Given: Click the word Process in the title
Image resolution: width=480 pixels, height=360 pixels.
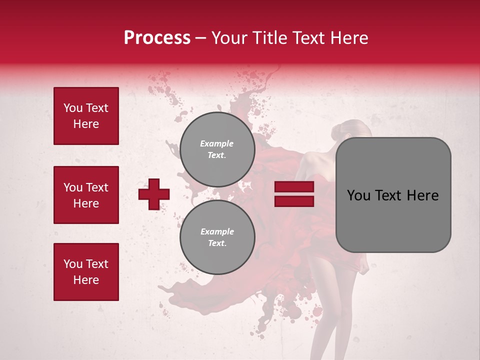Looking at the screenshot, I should pos(157,38).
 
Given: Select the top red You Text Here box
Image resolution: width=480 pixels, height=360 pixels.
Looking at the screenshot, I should pos(86,116).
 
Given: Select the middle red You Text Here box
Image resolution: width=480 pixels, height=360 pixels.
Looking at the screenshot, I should pos(86,195).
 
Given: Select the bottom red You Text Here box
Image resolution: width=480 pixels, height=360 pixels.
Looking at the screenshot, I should pos(86,272).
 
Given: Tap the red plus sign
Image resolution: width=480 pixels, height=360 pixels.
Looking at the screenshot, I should pos(154,194).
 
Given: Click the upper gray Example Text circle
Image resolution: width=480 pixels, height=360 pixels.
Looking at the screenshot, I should pos(217,149).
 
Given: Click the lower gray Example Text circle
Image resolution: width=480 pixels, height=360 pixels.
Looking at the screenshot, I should pos(217,237).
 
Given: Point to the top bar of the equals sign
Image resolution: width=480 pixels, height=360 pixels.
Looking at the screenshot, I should pos(294,187).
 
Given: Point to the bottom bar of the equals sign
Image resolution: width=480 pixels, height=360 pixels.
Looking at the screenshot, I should pos(294,201).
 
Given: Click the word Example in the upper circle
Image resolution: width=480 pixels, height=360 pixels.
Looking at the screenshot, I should pos(216,143).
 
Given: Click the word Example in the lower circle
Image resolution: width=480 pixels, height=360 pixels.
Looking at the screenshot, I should pos(217,231).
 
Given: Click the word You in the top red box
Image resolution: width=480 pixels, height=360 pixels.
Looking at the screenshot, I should pos(72,108).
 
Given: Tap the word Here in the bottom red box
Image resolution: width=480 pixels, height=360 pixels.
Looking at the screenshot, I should pos(86,280).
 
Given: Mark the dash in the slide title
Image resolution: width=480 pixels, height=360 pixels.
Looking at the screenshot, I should pos(201,38).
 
